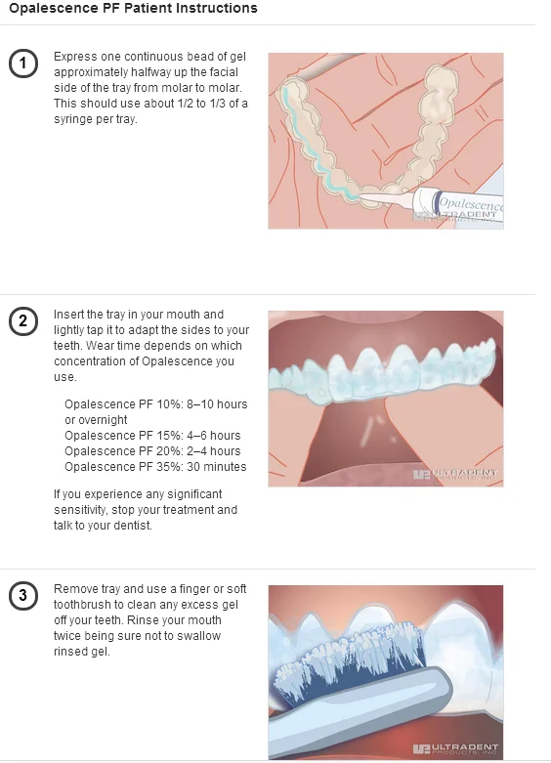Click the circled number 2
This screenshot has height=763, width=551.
point(22,321)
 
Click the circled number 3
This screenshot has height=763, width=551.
point(22,596)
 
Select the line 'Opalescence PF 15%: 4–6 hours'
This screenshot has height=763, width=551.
point(152,436)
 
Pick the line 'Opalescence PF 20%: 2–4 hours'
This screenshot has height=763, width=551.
point(152,451)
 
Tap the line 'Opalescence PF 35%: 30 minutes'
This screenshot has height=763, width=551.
point(155,467)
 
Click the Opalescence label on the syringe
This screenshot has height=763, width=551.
point(469,205)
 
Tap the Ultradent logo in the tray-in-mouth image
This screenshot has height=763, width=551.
point(455,475)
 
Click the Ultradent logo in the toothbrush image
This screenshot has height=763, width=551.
point(455,749)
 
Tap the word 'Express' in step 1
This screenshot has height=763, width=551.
point(74,57)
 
